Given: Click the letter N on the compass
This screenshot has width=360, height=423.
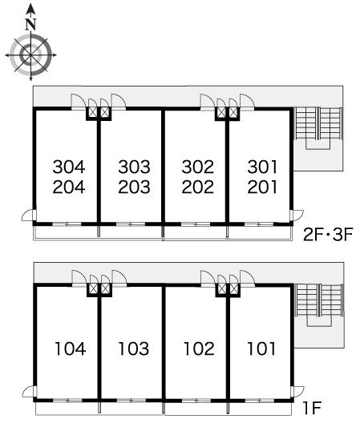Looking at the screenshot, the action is [31, 25].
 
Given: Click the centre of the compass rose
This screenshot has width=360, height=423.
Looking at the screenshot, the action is [30, 55].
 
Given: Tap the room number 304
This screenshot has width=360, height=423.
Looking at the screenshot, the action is [69, 167].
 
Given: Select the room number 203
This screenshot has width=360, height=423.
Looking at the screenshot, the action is [134, 187].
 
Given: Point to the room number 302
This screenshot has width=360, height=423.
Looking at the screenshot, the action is [198, 167].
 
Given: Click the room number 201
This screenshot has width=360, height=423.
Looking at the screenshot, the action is [262, 187].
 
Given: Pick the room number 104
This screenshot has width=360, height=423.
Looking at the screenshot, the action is [71, 348].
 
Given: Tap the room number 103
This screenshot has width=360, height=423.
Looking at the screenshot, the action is [134, 348].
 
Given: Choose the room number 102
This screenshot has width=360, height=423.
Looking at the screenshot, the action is [199, 348].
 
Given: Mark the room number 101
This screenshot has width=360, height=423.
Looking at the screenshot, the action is [261, 348].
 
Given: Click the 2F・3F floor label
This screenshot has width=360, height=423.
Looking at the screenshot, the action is [328, 235].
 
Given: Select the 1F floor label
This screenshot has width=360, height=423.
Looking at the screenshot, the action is [312, 408].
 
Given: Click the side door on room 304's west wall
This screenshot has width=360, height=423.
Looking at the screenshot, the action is [29, 216].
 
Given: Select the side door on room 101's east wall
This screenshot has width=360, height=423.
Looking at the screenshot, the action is [297, 392].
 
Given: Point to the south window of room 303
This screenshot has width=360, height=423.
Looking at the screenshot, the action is [131, 224].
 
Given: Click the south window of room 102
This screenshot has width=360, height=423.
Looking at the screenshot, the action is [196, 401].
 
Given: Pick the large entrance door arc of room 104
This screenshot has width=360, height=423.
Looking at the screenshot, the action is [79, 276].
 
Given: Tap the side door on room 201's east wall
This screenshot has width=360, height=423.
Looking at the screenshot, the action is [297, 216].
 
